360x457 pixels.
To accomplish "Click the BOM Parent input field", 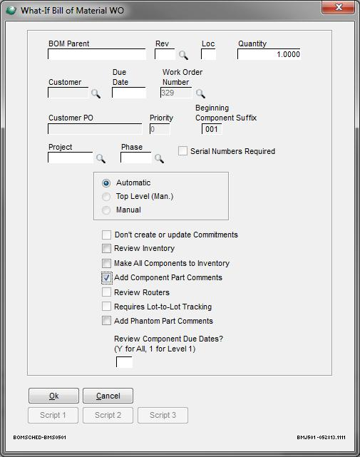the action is tap(97, 54).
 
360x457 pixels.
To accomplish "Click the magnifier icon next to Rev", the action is tap(183, 55).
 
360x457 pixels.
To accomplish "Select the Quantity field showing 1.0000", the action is tap(269, 54).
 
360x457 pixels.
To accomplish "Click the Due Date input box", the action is tap(129, 93).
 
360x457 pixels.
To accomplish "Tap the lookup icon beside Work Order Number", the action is tap(200, 93).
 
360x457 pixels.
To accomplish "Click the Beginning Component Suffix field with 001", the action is tap(212, 129).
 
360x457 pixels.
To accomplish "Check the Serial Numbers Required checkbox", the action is tap(182, 151).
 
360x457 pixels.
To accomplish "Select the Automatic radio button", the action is tap(106, 183).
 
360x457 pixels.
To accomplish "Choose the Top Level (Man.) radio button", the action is tap(106, 197).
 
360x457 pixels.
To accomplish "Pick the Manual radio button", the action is tap(106, 210).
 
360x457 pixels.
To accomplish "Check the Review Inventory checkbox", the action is tap(106, 248).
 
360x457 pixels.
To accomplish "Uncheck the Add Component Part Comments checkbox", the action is tap(106, 277).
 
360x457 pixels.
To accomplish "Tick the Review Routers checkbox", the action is tap(106, 292).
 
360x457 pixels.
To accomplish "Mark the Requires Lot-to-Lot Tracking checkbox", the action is tap(106, 307).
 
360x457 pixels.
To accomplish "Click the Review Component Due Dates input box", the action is tap(124, 362).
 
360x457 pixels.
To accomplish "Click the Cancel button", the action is tap(108, 396).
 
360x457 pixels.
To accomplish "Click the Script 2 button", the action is tap(108, 415).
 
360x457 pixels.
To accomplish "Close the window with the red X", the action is tap(338, 7).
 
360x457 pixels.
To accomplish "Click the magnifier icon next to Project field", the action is tap(101, 158).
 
